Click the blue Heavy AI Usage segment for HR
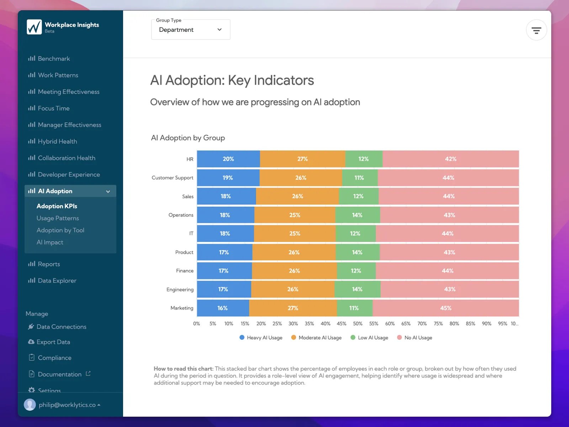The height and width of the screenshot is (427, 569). [228, 159]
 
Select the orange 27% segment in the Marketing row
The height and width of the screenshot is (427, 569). [293, 308]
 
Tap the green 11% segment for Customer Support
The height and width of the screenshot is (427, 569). [359, 178]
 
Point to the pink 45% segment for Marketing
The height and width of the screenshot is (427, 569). [446, 308]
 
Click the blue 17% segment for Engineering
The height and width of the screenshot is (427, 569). [224, 289]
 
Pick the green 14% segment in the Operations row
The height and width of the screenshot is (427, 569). [357, 215]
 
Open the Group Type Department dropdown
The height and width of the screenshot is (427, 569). [191, 30]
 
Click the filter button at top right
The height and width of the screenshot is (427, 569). [536, 30]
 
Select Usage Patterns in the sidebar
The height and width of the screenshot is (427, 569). [58, 218]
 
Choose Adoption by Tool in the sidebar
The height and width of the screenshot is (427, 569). [60, 230]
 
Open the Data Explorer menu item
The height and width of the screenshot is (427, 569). [57, 281]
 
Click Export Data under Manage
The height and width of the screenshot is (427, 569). [53, 342]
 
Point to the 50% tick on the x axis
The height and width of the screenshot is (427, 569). [358, 324]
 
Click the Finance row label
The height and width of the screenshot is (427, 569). [185, 271]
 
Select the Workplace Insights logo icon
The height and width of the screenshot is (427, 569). [34, 27]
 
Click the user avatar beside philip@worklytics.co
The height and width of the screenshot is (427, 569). [30, 405]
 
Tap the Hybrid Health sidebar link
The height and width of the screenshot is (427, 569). [57, 142]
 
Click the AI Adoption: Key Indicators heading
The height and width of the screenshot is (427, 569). [232, 80]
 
